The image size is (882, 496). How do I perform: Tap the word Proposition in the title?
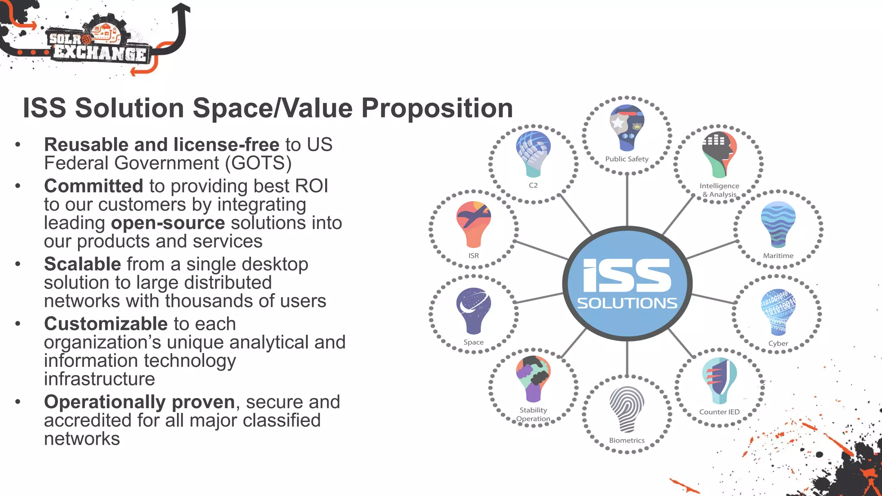(437, 108)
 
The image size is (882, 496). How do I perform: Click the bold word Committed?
(93, 186)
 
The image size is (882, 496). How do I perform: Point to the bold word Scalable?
(82, 264)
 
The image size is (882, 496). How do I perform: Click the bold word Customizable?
(106, 324)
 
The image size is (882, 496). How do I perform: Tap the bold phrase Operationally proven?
(140, 402)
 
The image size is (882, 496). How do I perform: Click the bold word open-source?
(168, 223)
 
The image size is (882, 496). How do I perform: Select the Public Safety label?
(627, 159)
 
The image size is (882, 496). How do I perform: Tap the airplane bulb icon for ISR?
(473, 223)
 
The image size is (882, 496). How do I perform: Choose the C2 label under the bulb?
(533, 185)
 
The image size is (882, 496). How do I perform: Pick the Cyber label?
(778, 343)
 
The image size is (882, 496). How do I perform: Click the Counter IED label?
(719, 412)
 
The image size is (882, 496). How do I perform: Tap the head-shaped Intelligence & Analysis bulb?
(719, 154)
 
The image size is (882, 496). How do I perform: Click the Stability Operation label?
(533, 414)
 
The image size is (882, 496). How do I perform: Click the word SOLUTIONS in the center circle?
(627, 303)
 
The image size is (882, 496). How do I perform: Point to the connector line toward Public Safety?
(627, 200)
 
